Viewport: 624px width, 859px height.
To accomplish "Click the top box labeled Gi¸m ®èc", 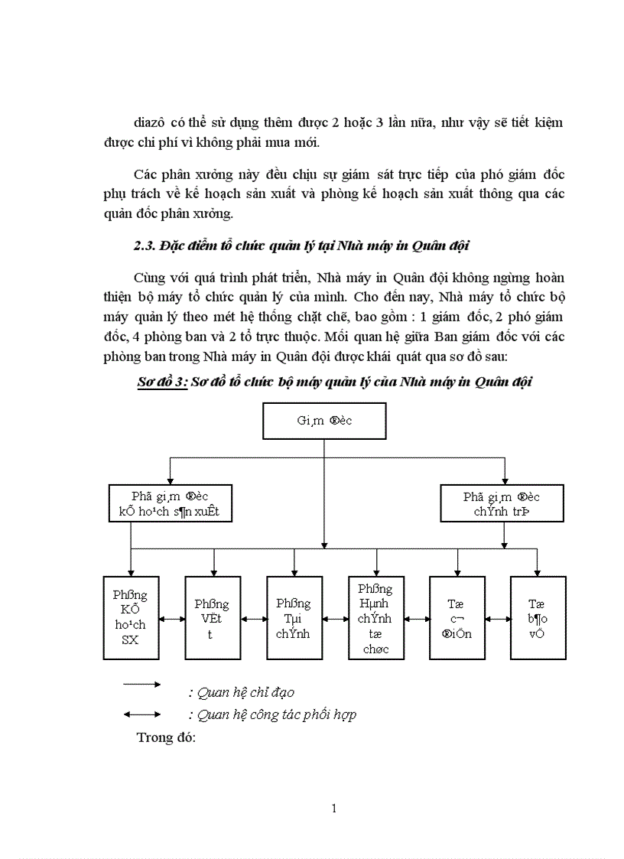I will (324, 421).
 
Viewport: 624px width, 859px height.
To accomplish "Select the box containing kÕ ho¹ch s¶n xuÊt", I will (170, 503).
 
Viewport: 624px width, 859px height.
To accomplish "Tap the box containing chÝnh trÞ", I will (502, 503).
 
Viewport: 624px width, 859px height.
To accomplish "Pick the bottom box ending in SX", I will (131, 617).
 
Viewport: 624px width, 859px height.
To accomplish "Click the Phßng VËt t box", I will (212, 617).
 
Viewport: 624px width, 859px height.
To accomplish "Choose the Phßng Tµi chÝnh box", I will (294, 617).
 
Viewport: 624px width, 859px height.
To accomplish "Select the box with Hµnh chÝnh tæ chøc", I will (375, 617).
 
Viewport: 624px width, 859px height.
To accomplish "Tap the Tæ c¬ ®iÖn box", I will (457, 617).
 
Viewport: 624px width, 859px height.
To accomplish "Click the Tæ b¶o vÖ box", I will (538, 617).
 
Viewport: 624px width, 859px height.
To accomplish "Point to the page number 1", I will (334, 808).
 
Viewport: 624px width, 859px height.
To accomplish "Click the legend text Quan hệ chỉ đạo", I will (241, 692).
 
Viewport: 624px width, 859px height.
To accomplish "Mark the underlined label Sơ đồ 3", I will (157, 382).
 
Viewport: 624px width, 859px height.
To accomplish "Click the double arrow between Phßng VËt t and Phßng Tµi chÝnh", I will (253, 619).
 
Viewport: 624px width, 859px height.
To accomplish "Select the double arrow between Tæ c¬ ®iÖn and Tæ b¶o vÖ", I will (497, 619).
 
